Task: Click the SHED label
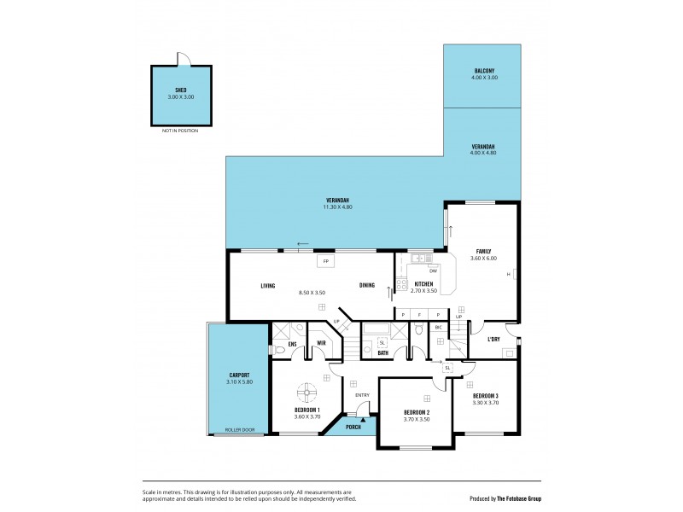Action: click(180, 90)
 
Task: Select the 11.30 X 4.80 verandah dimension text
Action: click(337, 207)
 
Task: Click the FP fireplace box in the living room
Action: click(324, 261)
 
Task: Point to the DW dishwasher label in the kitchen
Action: click(433, 271)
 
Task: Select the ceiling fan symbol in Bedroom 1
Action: click(306, 393)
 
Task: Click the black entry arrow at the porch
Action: click(363, 419)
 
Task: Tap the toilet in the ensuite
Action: click(280, 350)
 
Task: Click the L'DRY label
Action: click(493, 340)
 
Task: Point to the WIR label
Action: click(321, 344)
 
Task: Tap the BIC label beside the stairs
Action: click(438, 327)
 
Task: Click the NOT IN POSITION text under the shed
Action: click(180, 131)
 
